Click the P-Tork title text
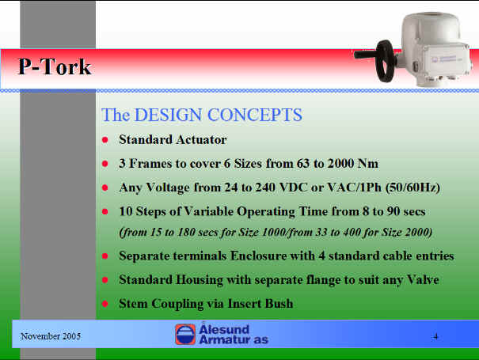(x=55, y=66)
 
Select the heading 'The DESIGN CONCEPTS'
(x=202, y=115)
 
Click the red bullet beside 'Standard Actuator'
(x=105, y=140)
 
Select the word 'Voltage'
(x=168, y=188)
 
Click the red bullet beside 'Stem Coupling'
(x=105, y=304)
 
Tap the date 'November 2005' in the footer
(x=51, y=336)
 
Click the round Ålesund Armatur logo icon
(x=185, y=335)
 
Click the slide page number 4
(x=435, y=336)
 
